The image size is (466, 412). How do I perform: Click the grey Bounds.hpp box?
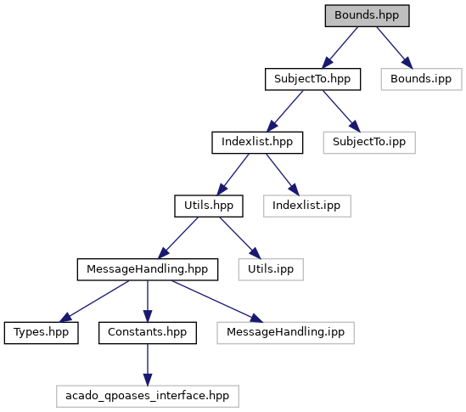[x=367, y=16]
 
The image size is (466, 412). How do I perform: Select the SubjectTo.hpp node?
[x=312, y=79]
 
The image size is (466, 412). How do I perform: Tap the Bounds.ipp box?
[x=421, y=79]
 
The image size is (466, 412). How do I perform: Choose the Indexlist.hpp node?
[x=257, y=143]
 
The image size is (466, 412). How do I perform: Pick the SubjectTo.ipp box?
[x=369, y=143]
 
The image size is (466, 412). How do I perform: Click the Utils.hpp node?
[x=209, y=206]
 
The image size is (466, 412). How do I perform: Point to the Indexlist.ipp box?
[x=307, y=206]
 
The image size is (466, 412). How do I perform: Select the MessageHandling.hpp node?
[x=148, y=269]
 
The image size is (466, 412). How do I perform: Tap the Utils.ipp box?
[x=271, y=269]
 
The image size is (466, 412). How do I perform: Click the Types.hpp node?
[x=42, y=333]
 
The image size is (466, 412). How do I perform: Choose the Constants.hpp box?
[x=148, y=333]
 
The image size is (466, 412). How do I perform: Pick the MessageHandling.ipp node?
[x=285, y=333]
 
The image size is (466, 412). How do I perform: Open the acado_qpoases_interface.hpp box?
[x=148, y=396]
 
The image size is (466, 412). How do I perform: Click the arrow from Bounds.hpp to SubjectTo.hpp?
[x=340, y=48]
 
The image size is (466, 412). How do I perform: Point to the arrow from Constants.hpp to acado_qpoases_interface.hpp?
[x=148, y=364]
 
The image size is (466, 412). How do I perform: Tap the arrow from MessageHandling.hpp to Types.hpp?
[x=94, y=302]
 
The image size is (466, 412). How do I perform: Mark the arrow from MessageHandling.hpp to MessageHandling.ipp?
[x=217, y=302]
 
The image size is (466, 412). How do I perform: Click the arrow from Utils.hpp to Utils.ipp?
[x=240, y=238]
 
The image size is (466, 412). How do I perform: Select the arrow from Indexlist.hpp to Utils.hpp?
[x=233, y=174]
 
